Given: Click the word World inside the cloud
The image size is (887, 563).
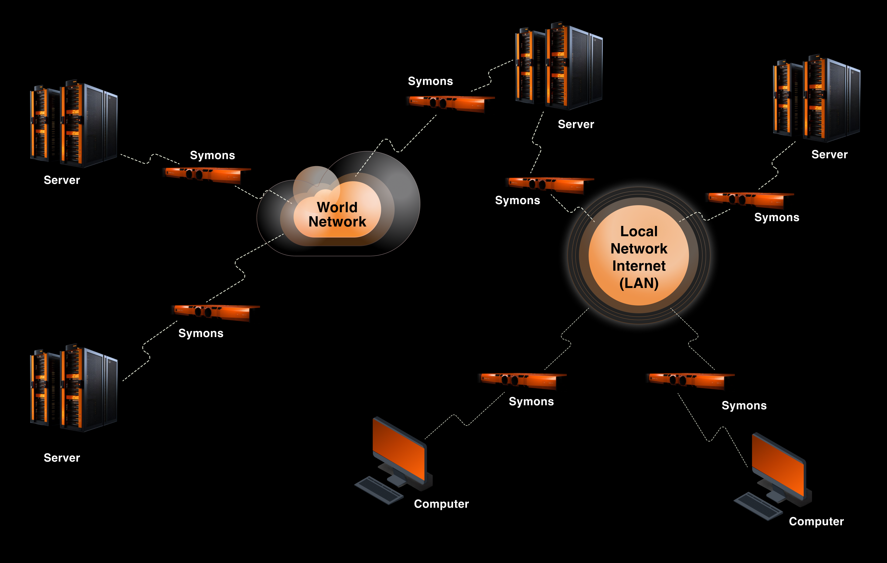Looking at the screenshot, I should point(337,207).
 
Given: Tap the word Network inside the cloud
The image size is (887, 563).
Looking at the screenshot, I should point(337,222).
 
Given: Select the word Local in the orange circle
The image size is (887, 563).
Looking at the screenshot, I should point(639,232).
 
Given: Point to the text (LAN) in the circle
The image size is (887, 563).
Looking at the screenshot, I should point(639,283).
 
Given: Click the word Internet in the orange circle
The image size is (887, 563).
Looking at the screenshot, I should point(639,266).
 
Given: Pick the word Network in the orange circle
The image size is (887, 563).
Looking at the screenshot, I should point(639,249).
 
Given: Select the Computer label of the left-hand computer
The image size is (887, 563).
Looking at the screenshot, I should point(441,504).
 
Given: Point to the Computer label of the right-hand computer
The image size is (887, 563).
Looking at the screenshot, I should point(816,521).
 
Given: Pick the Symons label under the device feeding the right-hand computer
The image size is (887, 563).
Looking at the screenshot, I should point(744,406).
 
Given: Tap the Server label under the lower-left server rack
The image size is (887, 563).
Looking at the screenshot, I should point(62,458).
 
